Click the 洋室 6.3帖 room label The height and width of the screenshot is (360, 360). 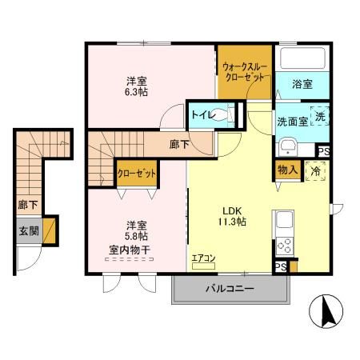click(136, 87)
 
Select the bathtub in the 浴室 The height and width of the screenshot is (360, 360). click(301, 61)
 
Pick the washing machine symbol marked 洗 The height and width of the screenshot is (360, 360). click(318, 116)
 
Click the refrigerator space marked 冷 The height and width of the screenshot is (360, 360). click(315, 171)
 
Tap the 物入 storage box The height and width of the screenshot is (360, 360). click(287, 169)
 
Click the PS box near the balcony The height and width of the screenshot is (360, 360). click(281, 267)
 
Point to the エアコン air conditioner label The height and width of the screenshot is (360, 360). click(204, 258)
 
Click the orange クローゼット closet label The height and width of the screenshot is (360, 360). click(135, 173)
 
